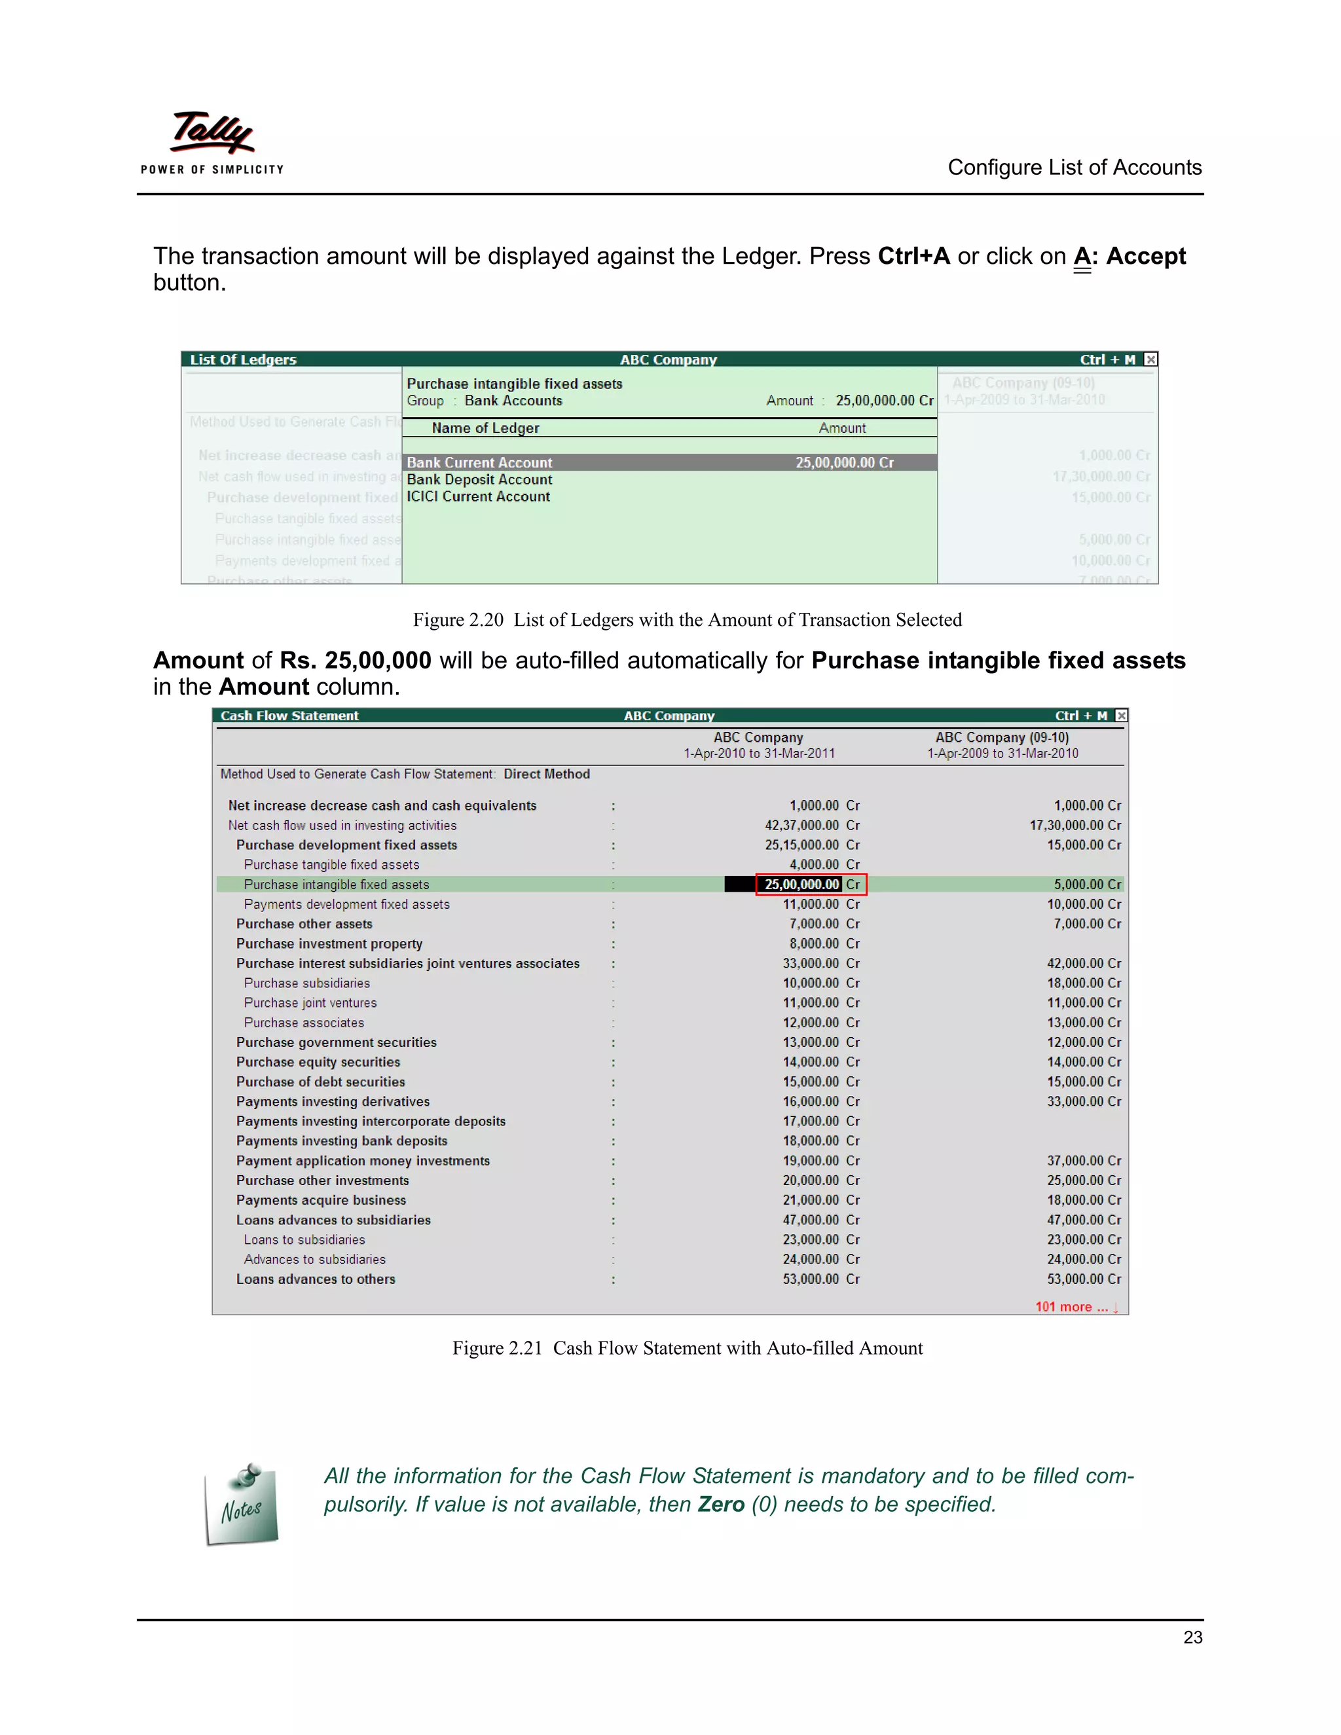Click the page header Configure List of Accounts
pos(1074,168)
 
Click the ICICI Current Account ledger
pos(478,496)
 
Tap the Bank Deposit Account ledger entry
pos(479,480)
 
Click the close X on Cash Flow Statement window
pos(1121,716)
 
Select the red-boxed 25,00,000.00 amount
pos(802,884)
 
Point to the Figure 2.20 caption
pos(687,619)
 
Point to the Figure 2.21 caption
pos(687,1348)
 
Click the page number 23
pos(1192,1637)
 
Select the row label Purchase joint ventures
pos(310,1002)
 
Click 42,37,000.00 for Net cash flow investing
pos(801,826)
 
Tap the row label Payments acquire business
pos(321,1200)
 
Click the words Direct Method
pos(547,774)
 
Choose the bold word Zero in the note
pos(720,1505)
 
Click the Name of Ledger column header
pos(485,428)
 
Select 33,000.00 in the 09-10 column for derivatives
pos(1076,1102)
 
